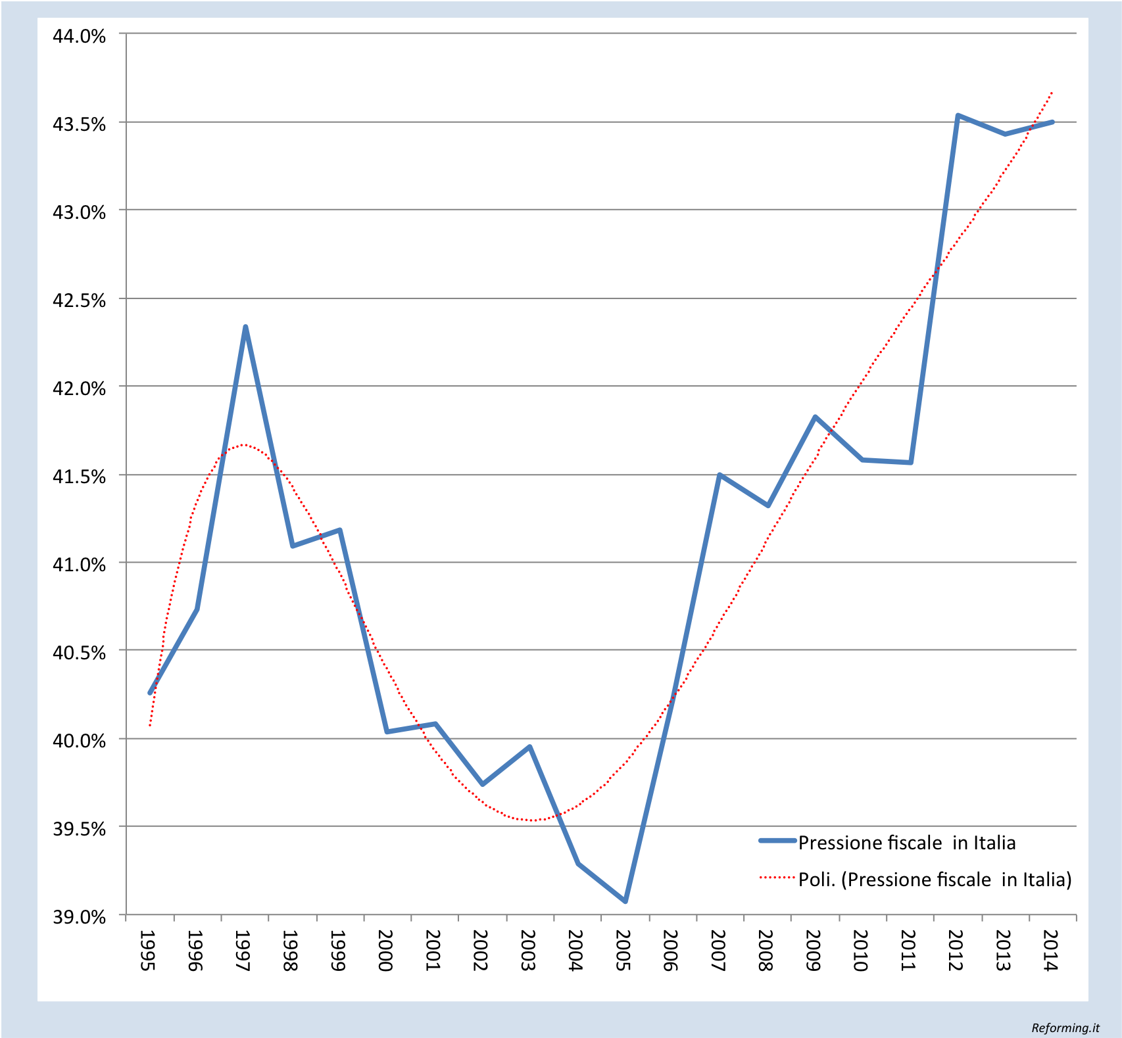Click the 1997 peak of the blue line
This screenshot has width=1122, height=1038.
(x=245, y=327)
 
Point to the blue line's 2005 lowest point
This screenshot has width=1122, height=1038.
(x=625, y=901)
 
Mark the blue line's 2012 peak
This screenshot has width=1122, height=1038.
(x=958, y=115)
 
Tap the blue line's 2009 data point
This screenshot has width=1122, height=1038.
(x=815, y=417)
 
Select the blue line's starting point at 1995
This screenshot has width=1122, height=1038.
(x=150, y=693)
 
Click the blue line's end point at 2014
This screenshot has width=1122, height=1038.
(x=1053, y=122)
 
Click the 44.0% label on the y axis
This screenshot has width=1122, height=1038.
(x=79, y=36)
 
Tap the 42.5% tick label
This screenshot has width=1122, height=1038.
(x=79, y=300)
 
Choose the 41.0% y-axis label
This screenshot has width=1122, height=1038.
(x=79, y=565)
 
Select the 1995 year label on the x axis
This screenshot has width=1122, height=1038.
(x=148, y=950)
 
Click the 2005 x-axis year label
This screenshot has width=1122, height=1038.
(x=623, y=950)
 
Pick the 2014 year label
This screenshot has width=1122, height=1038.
(x=1050, y=950)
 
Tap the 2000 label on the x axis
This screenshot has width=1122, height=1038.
(x=385, y=950)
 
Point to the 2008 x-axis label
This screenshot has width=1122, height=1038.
(x=766, y=950)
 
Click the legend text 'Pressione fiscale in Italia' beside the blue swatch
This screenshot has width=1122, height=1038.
(x=906, y=843)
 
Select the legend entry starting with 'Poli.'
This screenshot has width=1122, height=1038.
(x=935, y=880)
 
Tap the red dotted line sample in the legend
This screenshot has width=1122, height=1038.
(x=777, y=877)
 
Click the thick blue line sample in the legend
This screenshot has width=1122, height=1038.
(x=777, y=841)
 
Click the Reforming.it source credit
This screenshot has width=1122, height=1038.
(x=1065, y=1027)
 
